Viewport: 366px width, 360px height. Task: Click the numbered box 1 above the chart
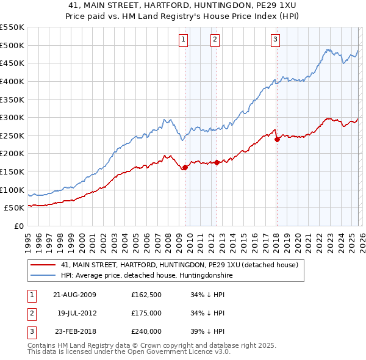tap(184, 40)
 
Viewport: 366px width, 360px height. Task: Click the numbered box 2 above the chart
tap(215, 40)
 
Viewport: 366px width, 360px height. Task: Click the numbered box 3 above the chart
tap(276, 40)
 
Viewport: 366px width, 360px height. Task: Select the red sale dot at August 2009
tap(185, 167)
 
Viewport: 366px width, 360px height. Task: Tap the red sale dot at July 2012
tap(217, 162)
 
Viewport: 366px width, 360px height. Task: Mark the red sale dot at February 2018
tap(277, 139)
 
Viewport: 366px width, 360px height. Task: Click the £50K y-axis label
tap(14, 207)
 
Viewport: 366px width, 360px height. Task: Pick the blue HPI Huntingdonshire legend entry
tap(146, 276)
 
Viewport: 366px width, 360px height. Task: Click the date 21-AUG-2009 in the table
tap(75, 295)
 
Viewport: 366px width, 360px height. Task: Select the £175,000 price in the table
tap(146, 313)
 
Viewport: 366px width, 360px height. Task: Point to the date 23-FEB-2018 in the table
tap(75, 331)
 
